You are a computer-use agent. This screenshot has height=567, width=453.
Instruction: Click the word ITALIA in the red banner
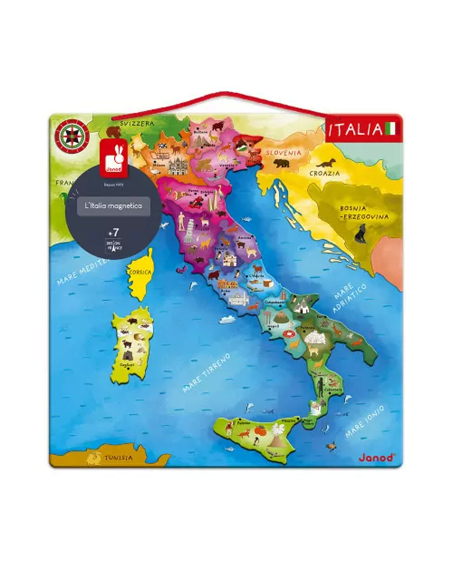pos(355,130)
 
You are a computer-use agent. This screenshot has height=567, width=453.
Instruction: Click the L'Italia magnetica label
pos(113,206)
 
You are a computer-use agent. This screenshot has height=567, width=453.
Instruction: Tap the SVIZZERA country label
pos(137,123)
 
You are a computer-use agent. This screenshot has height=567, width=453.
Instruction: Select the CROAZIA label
pos(324,173)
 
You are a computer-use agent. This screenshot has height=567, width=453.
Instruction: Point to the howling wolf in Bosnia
pos(360,234)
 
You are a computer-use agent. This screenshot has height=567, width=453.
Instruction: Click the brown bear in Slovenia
pos(280,163)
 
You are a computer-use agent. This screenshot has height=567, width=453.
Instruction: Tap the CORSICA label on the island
pos(140,273)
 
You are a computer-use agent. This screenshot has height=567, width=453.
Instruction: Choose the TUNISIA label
pos(119,457)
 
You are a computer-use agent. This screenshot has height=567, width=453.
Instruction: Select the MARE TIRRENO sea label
pos(207,373)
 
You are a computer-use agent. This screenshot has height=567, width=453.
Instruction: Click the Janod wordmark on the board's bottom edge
pos(377,457)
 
